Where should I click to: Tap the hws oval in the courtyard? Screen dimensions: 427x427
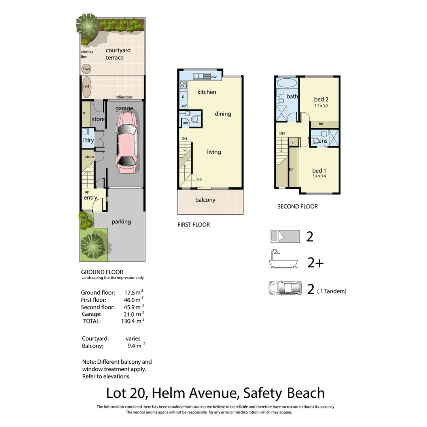[x=86, y=69]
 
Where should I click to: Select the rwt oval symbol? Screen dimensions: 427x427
[x=86, y=87]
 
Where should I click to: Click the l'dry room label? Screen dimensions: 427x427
[x=88, y=140]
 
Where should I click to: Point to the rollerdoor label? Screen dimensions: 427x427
[x=124, y=97]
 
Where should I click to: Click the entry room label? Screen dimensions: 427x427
[x=91, y=198]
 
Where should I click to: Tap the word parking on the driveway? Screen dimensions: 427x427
[x=121, y=221]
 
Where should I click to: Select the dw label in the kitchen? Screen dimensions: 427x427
[x=213, y=77]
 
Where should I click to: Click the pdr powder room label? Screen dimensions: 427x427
[x=185, y=123]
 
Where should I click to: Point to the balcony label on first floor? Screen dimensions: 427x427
[x=205, y=200]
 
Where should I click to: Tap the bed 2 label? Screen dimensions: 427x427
[x=321, y=99]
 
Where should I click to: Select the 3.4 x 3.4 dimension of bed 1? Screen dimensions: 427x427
[x=319, y=176]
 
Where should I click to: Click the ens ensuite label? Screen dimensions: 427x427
[x=323, y=141]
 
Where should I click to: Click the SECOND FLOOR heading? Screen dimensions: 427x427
[x=297, y=206]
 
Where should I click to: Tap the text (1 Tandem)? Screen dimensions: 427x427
[x=332, y=291]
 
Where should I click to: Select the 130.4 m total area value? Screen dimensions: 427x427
[x=132, y=321]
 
